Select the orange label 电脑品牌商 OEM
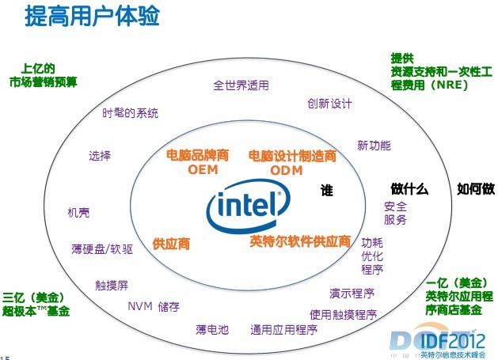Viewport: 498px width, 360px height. (x=197, y=161)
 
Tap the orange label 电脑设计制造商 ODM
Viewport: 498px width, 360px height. (x=292, y=162)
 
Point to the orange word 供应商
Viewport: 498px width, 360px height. (x=171, y=244)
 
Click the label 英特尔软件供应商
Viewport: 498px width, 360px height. (x=300, y=241)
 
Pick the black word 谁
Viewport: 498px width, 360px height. (x=326, y=191)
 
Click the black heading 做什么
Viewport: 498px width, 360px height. (x=409, y=189)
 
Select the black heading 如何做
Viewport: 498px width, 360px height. (x=476, y=189)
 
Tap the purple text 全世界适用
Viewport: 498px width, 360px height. (x=241, y=85)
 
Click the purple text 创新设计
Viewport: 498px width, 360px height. (x=329, y=104)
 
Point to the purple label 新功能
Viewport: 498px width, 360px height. (x=374, y=146)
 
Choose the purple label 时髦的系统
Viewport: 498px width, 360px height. (x=131, y=112)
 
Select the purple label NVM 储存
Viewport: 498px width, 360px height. (x=154, y=306)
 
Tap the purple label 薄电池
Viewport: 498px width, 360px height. (x=212, y=329)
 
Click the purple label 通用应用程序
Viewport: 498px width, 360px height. (x=283, y=329)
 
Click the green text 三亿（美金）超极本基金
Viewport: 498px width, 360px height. (x=36, y=305)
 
